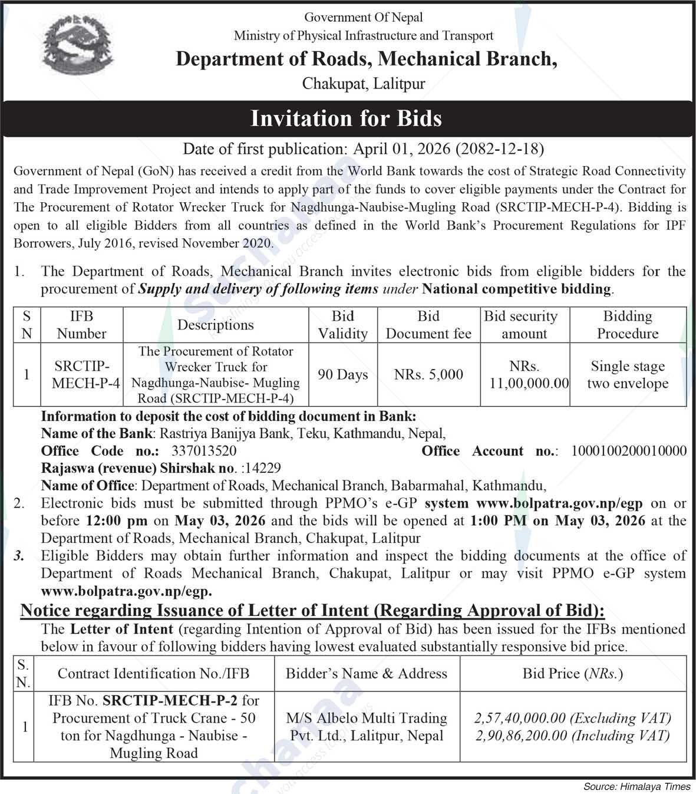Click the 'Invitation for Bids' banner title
347,118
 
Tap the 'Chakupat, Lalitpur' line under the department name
363,84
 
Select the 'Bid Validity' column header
342,325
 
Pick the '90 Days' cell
342,375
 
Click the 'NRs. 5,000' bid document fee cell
428,375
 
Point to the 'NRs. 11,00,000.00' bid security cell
525,375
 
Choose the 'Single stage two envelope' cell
628,375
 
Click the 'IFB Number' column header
81,325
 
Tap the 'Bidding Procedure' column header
628,325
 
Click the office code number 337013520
204,451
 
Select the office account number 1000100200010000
629,451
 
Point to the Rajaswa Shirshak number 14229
262,468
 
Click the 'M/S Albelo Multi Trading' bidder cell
367,727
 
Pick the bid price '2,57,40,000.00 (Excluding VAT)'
572,718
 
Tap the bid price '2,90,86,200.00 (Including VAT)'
572,736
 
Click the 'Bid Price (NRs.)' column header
572,674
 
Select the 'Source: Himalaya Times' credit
636,786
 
